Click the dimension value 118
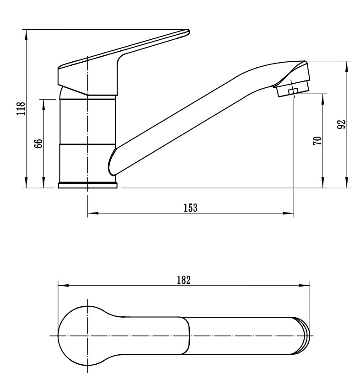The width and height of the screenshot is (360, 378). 21,109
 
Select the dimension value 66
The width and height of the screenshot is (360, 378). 39,144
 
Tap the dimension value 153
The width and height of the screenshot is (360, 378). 191,208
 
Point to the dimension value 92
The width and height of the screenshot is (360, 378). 341,124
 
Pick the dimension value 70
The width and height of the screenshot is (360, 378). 317,141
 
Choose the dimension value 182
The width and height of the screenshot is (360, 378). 184,280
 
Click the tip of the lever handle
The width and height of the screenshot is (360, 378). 189,32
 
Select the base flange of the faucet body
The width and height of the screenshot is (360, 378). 87,185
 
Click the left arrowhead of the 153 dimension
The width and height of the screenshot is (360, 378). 93,213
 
